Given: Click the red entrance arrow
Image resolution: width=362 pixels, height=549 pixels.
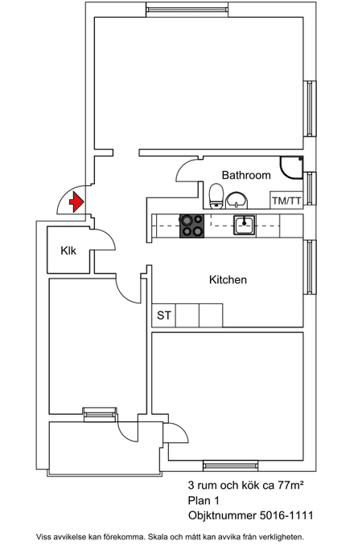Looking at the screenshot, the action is (76, 202).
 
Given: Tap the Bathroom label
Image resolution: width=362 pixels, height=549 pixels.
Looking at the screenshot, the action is (246, 175).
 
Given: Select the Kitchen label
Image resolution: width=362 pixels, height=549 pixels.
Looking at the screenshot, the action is (228, 280).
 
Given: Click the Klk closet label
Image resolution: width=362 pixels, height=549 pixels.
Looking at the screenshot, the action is (68, 250).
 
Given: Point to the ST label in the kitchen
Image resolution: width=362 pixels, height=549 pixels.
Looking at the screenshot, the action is (164, 315).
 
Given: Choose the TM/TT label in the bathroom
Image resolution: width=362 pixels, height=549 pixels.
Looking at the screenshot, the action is (286, 201).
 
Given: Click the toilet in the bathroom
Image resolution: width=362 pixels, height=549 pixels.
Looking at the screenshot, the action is (216, 196).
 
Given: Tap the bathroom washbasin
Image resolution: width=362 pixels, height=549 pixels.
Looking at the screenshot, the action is (237, 201).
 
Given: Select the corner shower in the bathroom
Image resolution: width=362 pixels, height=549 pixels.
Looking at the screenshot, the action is (291, 168).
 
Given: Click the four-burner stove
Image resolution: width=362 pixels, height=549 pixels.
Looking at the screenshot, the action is (191, 226).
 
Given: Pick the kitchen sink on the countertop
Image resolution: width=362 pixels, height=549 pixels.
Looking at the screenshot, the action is (245, 225).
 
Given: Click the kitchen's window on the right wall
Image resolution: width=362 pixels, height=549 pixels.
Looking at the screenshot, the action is (310, 266).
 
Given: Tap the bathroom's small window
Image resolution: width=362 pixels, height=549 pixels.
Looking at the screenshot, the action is (310, 189).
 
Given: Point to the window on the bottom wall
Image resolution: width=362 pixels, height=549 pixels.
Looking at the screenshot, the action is (230, 466).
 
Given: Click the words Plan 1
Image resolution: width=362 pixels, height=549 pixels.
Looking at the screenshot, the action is (204, 501).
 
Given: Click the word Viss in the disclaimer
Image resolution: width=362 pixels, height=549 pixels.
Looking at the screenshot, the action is (43, 537).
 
